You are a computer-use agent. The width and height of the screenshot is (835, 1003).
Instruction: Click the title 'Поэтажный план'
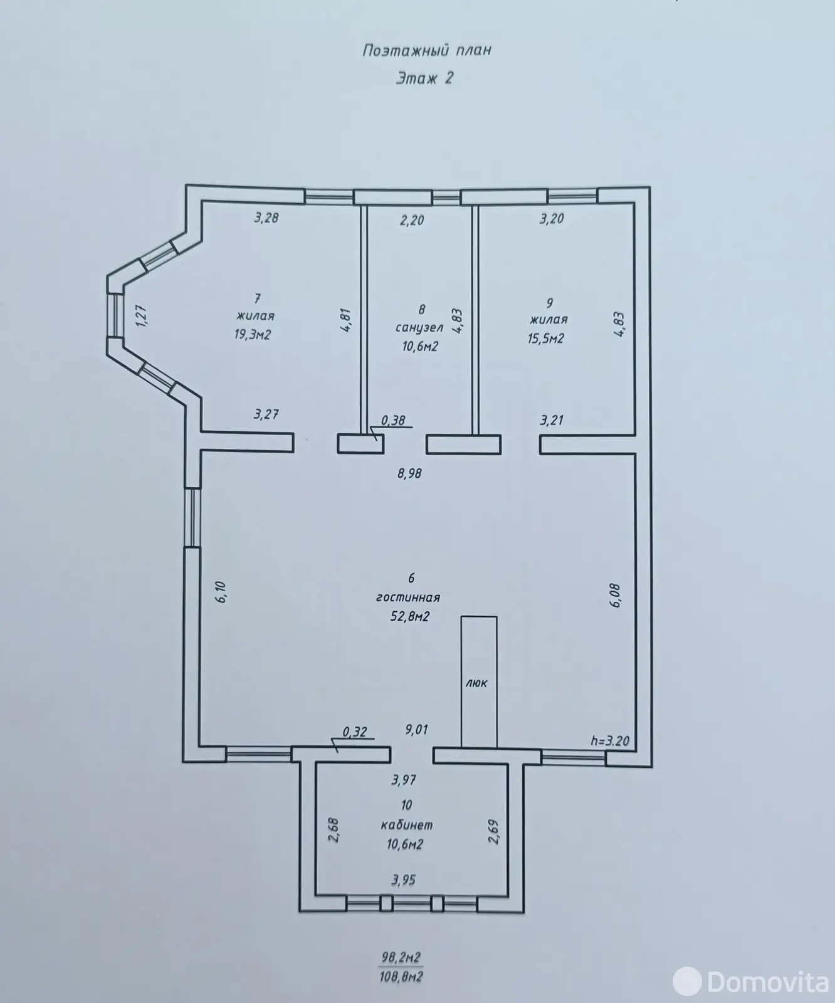[426, 50]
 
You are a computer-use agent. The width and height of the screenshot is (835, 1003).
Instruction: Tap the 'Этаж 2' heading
[424, 78]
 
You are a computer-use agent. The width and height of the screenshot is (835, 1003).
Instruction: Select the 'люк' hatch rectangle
[479, 682]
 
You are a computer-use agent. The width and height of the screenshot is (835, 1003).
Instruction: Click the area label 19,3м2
[253, 335]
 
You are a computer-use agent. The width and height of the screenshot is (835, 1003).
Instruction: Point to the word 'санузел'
[419, 327]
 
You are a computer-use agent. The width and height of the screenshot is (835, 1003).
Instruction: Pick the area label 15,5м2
[546, 339]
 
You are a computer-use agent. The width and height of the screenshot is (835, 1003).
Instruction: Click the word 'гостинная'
[408, 597]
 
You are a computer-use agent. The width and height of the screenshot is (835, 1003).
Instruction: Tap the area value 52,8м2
[410, 616]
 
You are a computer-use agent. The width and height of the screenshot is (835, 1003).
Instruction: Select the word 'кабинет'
[407, 825]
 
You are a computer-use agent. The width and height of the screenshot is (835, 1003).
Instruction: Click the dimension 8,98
[409, 474]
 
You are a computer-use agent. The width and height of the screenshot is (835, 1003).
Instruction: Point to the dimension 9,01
[416, 730]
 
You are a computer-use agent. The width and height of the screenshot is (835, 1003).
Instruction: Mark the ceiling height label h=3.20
[610, 740]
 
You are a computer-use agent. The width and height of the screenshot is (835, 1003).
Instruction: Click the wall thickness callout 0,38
[393, 421]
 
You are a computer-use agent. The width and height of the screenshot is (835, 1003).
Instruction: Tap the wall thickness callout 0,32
[355, 732]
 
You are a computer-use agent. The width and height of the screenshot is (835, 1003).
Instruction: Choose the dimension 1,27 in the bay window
[140, 313]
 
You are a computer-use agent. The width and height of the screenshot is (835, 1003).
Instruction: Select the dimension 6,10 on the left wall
[220, 592]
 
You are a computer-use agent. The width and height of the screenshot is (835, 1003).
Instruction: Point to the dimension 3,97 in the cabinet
[404, 780]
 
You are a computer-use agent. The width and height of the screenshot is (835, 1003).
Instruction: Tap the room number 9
[550, 303]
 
